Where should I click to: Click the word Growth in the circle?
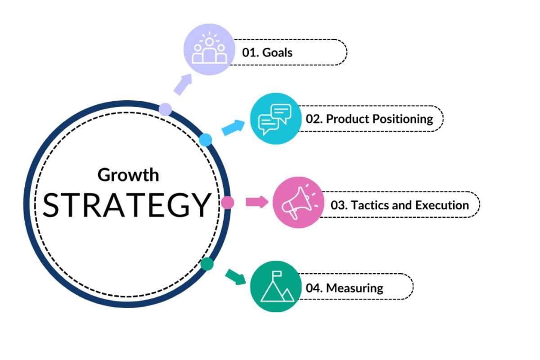128,175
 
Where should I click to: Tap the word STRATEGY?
127,204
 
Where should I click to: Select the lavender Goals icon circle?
209,49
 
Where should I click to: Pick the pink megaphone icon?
298,202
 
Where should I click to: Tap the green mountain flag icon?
275,287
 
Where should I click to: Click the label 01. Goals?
267,53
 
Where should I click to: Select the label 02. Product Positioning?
369,119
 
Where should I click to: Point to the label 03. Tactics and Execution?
400,205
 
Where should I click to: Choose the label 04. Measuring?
344,288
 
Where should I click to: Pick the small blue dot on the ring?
206,140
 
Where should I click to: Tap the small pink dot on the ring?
228,202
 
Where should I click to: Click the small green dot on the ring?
207,264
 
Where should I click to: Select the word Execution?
442,205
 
